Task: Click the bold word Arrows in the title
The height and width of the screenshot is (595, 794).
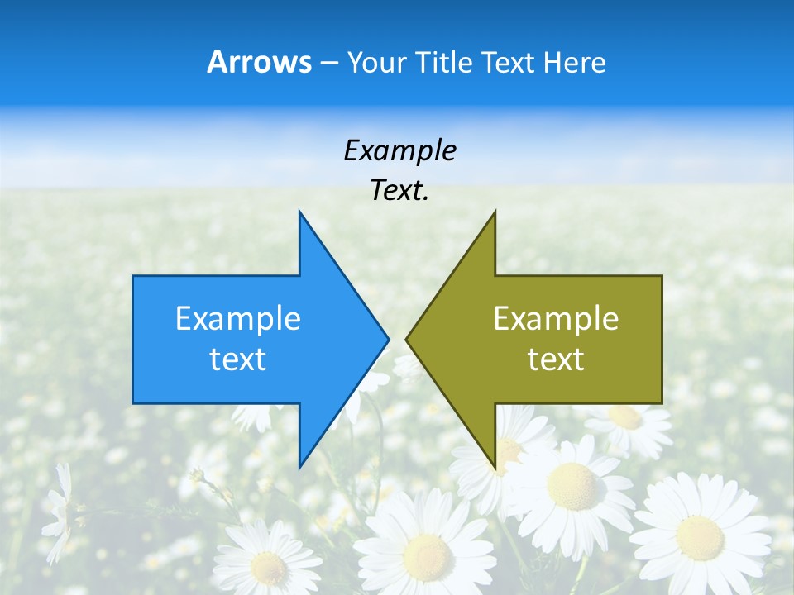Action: pyautogui.click(x=259, y=62)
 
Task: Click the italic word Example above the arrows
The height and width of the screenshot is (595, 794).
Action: pyautogui.click(x=399, y=150)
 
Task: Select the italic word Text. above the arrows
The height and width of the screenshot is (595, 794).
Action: pyautogui.click(x=399, y=190)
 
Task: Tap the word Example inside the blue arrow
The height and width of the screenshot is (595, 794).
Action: pyautogui.click(x=237, y=318)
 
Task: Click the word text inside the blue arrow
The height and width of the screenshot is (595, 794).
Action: pyautogui.click(x=237, y=359)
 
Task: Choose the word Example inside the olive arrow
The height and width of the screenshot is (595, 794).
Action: pyautogui.click(x=556, y=318)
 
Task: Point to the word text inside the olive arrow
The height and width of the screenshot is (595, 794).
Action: pyautogui.click(x=556, y=359)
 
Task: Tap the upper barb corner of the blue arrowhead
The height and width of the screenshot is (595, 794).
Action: pyautogui.click(x=299, y=212)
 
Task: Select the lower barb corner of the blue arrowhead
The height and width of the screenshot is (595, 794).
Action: pyautogui.click(x=299, y=467)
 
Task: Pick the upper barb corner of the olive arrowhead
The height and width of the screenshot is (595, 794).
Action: pyautogui.click(x=495, y=212)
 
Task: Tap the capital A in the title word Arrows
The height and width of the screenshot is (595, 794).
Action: pyautogui.click(x=217, y=62)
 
